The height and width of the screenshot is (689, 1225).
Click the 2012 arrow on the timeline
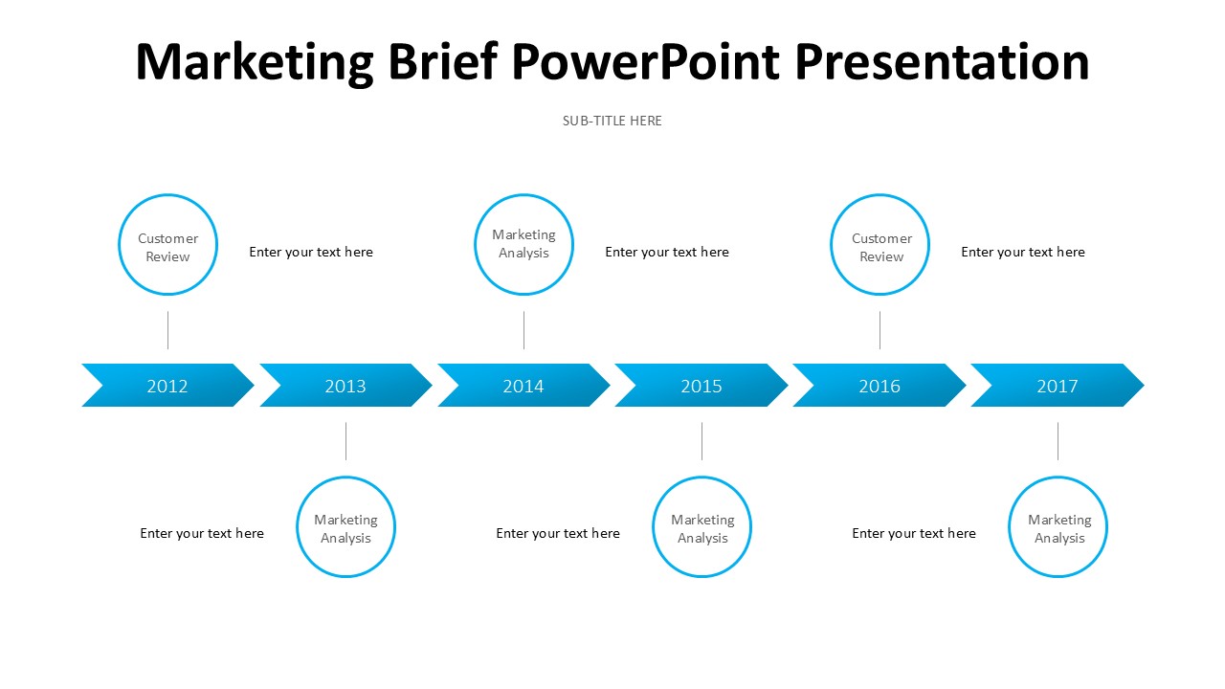[167, 386]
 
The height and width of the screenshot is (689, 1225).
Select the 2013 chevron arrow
[345, 386]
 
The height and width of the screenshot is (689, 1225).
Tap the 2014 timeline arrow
[523, 386]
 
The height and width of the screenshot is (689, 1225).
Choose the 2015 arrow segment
[702, 386]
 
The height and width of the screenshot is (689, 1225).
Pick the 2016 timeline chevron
[880, 386]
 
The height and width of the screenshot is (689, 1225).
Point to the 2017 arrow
[1058, 386]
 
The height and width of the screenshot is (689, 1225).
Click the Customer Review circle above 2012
[167, 245]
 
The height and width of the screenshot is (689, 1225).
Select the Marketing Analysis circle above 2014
[523, 245]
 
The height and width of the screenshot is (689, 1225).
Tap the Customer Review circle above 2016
[880, 245]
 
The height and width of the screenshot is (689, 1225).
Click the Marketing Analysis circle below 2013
[345, 527]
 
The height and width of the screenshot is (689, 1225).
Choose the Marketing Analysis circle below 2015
[702, 527]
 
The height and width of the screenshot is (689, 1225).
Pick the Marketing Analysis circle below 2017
[1058, 527]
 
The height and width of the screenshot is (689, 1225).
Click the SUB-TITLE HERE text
[612, 121]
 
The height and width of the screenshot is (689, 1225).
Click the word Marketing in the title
[254, 62]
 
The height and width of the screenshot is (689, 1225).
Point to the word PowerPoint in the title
[647, 62]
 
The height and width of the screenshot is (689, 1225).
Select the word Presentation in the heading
[942, 62]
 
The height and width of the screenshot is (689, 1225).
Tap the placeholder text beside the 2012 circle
[311, 253]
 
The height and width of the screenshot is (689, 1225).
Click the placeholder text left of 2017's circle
[914, 534]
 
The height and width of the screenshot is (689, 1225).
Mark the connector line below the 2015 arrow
[702, 441]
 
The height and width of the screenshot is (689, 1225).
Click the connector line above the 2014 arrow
[523, 330]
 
